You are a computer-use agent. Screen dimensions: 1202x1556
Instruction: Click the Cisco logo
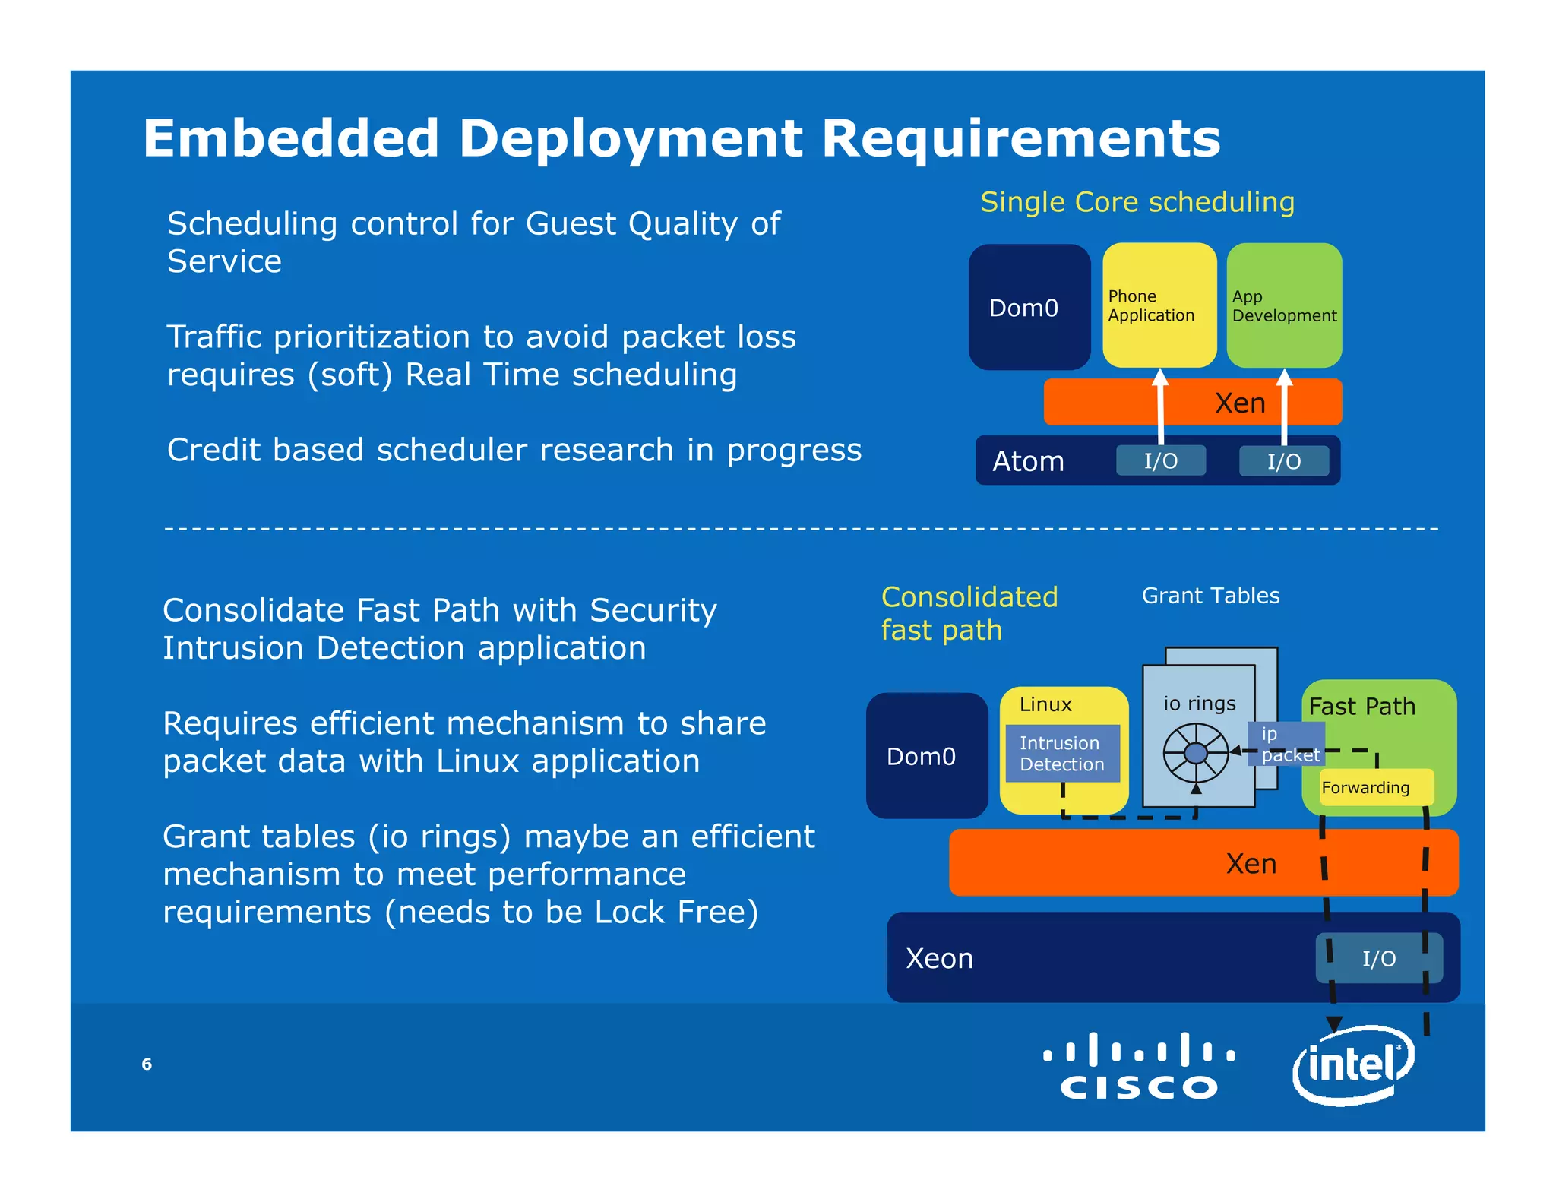[1139, 1067]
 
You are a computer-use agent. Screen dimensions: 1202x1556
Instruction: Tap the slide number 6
[147, 1064]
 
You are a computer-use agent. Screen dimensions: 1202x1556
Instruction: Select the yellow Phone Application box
[1159, 305]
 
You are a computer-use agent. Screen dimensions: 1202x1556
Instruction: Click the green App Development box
[1283, 305]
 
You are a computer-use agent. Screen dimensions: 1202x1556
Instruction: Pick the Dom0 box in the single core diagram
[1029, 307]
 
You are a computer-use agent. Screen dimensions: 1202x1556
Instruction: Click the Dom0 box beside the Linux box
[926, 755]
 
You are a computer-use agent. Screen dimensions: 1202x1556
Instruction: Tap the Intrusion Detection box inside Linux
[1061, 754]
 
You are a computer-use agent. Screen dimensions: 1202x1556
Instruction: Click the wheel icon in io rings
[1196, 753]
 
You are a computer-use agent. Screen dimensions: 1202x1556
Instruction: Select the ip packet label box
[1286, 744]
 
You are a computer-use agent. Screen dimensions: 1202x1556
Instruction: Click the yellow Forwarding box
[1365, 787]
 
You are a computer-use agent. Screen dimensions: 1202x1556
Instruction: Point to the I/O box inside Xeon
[1378, 958]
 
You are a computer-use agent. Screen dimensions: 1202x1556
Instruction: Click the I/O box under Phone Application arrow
[1160, 460]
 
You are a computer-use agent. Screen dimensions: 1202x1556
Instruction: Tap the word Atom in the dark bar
[1028, 461]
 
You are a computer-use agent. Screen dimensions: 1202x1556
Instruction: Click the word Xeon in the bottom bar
[939, 958]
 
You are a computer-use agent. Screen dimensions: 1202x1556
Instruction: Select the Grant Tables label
[1210, 596]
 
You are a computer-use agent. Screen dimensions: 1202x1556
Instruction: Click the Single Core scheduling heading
[1137, 202]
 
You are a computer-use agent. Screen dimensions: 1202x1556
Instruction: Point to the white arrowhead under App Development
[1284, 378]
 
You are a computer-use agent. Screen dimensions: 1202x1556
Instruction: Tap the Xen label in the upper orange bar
[1240, 403]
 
